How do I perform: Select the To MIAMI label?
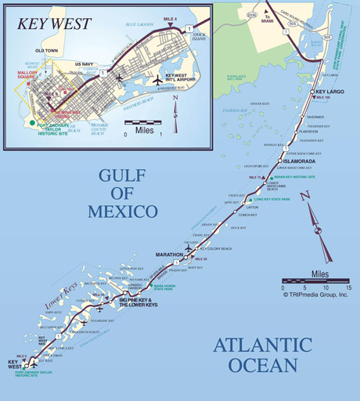click(x=268, y=16)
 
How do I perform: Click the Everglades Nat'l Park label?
click(x=240, y=77)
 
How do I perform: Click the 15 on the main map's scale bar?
click(x=348, y=287)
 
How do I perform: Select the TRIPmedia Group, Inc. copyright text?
click(x=317, y=297)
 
